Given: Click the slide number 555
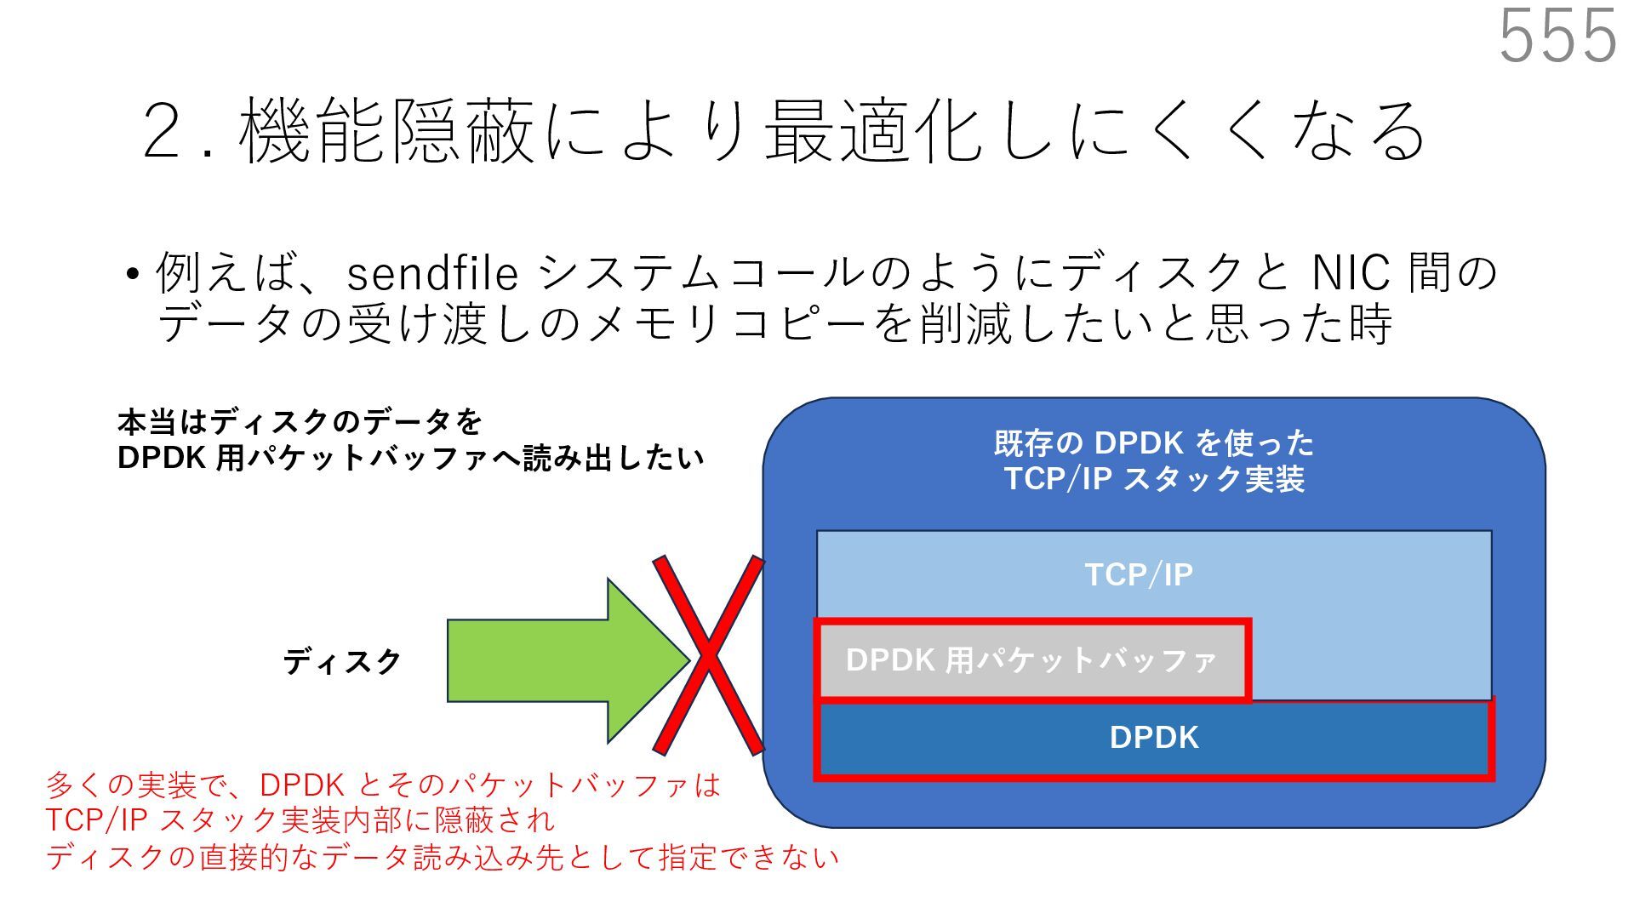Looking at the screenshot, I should pyautogui.click(x=1557, y=36).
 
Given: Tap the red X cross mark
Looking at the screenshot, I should pyautogui.click(x=708, y=655).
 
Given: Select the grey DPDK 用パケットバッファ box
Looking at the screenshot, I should pyautogui.click(x=1031, y=660).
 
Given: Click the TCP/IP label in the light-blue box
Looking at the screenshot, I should pyautogui.click(x=1139, y=575).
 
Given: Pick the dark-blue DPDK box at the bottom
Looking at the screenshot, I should pyautogui.click(x=1153, y=738).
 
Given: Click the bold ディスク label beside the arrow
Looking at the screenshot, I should pyautogui.click(x=342, y=661).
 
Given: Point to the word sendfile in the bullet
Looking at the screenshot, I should pyautogui.click(x=432, y=274).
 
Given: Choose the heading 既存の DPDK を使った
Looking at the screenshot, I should pyautogui.click(x=1153, y=443).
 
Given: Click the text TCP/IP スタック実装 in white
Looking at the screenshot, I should pyautogui.click(x=1153, y=479).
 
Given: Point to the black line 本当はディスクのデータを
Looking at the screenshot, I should pyautogui.click(x=300, y=422).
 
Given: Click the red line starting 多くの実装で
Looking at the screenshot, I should pyautogui.click(x=383, y=785).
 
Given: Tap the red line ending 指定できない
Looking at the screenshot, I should pyautogui.click(x=443, y=857).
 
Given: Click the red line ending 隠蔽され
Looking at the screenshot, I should pyautogui.click(x=300, y=820).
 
